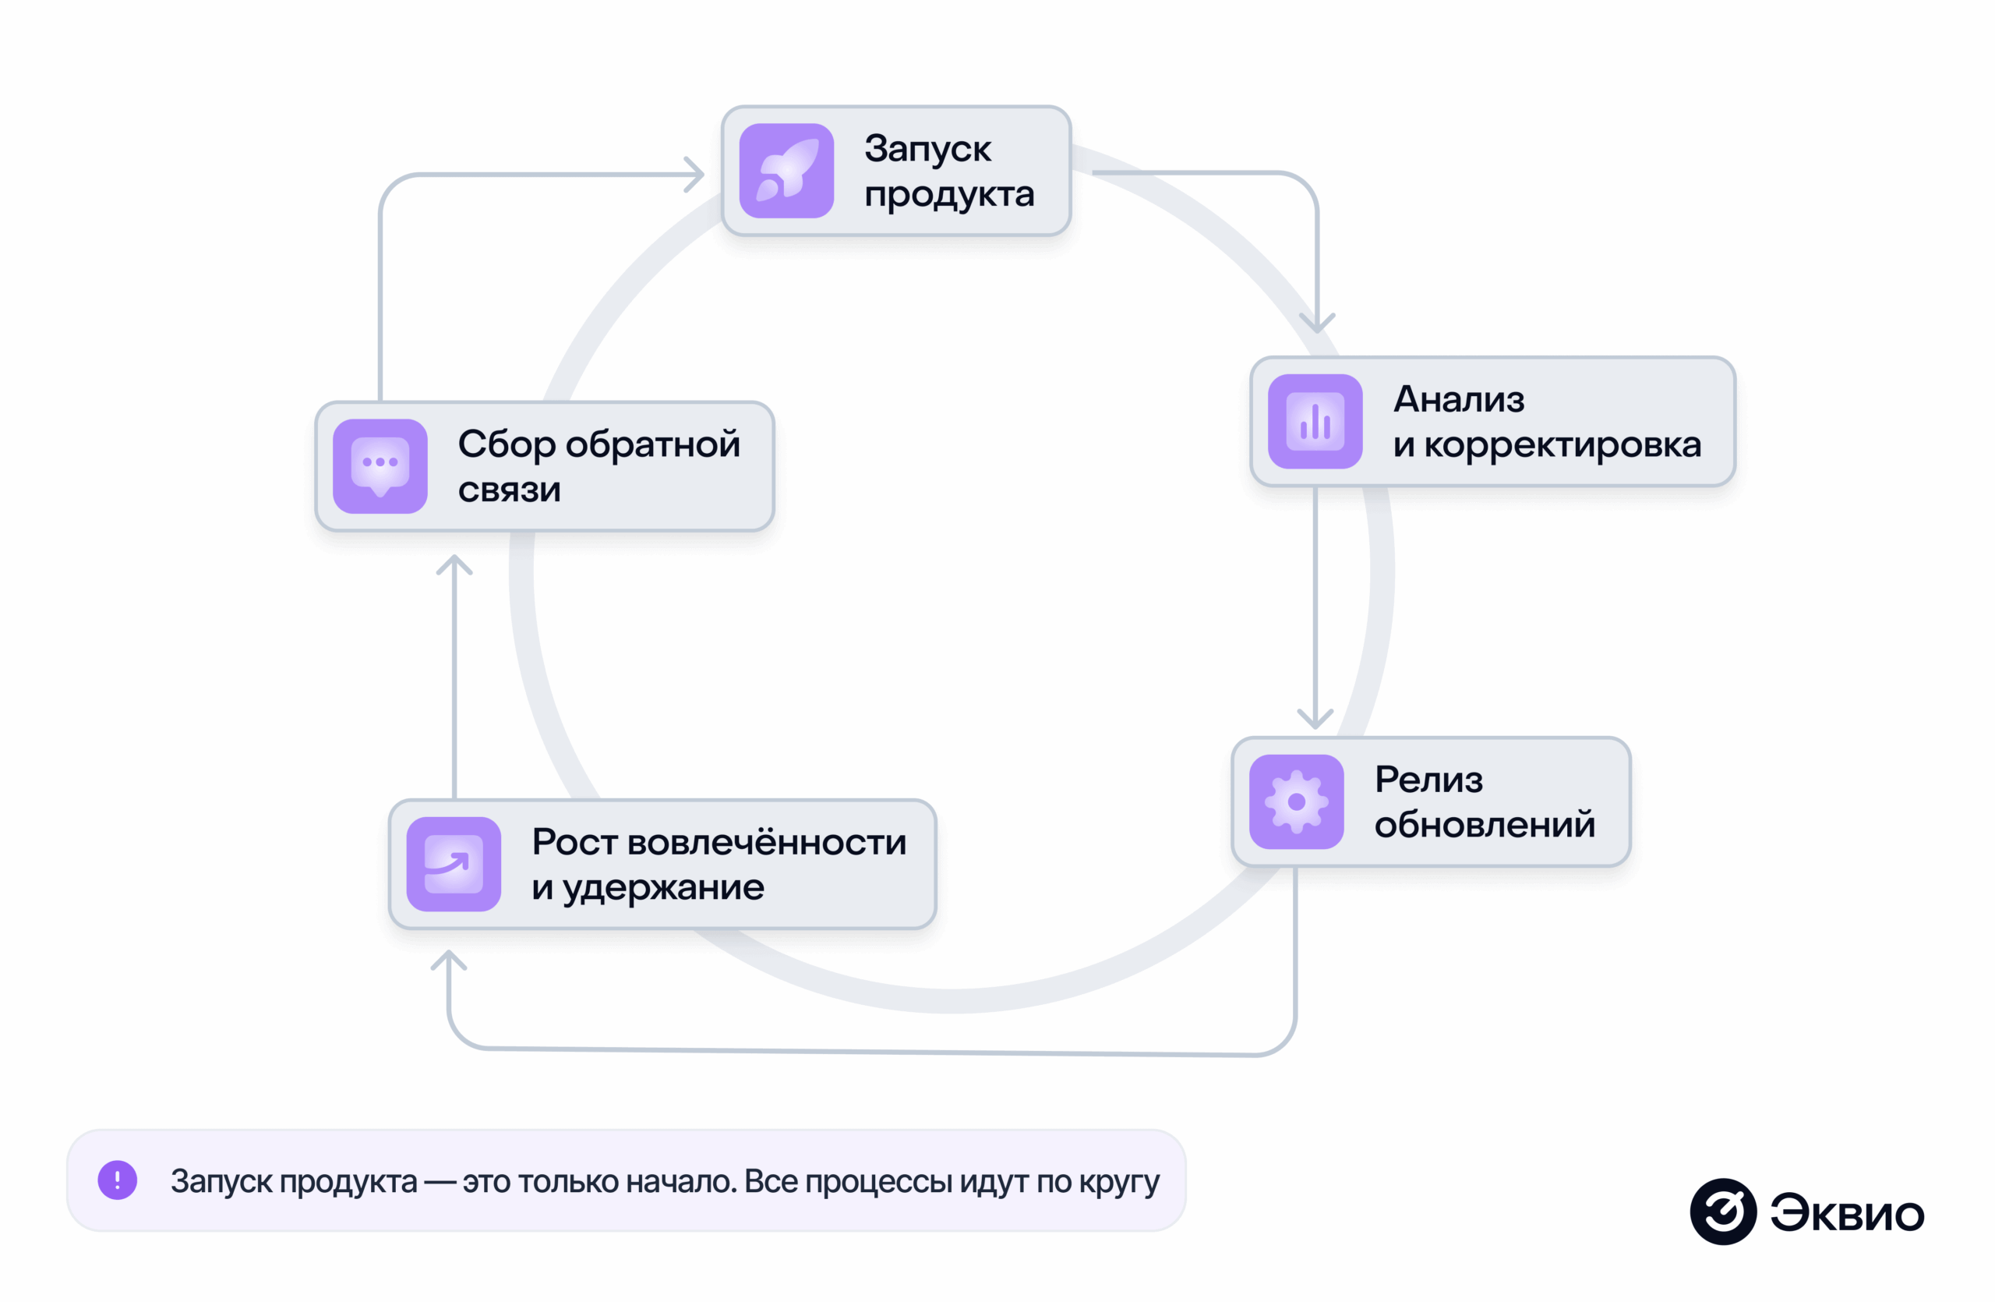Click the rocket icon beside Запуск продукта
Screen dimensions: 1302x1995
786,171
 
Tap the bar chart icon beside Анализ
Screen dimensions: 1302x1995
1315,421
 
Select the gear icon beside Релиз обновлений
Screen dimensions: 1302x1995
1296,801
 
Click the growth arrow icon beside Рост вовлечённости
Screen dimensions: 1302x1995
454,864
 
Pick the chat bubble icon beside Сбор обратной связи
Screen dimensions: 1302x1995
380,465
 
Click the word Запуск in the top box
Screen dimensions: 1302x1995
927,149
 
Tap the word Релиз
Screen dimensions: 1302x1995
1428,780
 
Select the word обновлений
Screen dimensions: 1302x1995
1485,825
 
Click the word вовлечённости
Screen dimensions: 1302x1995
766,842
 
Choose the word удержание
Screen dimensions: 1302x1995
662,888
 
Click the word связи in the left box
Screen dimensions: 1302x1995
509,490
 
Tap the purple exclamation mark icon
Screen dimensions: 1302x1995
118,1180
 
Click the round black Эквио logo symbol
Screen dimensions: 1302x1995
1722,1212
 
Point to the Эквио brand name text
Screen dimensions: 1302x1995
1847,1213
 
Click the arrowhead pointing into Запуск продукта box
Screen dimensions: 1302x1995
696,175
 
